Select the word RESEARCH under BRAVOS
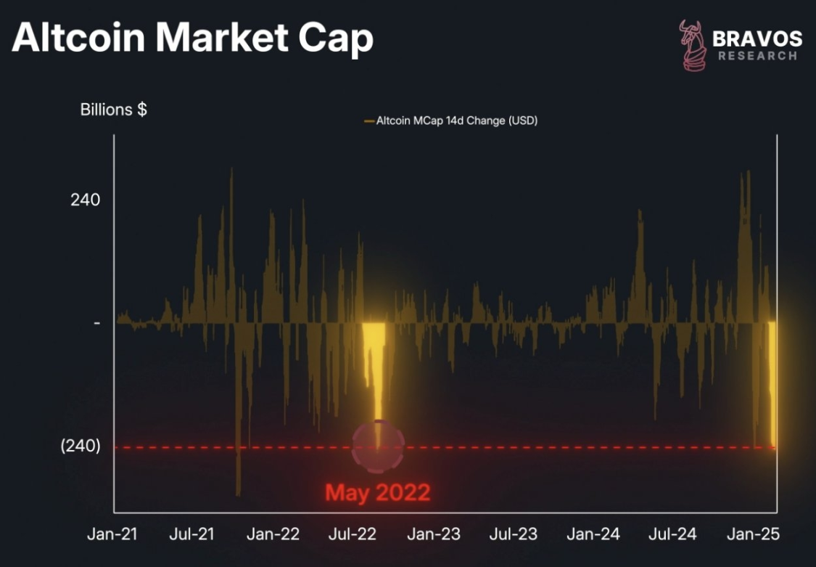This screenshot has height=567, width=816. pos(757,56)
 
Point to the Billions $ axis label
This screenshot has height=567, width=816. pos(113,110)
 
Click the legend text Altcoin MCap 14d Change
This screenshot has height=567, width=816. pos(456,121)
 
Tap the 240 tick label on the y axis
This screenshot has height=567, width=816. pos(85,200)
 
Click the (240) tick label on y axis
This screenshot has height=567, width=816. pos(80,446)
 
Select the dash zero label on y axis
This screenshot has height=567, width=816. pos(96,322)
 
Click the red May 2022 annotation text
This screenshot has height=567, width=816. pos(377,493)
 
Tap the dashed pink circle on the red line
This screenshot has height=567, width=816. pos(377,446)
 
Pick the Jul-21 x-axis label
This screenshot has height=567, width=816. pos(192,534)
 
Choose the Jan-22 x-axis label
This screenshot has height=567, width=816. pos(273,534)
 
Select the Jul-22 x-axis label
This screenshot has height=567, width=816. pos(353,534)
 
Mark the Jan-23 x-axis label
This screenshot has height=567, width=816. pos(434,534)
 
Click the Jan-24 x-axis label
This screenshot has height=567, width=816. pos(593,534)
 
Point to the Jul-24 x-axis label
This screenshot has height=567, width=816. pos(672,534)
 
